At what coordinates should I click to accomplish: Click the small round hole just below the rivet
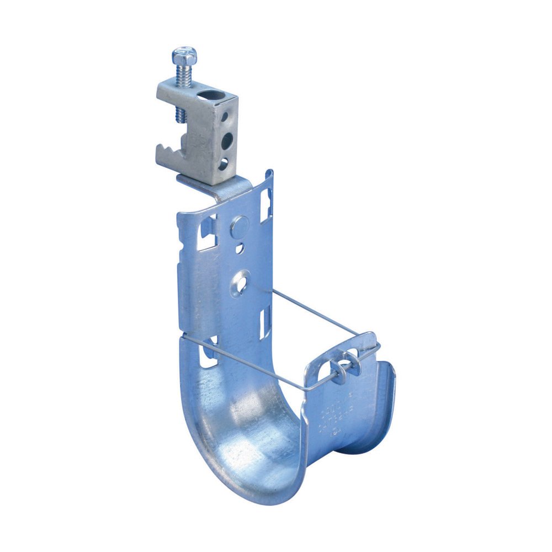(x=240, y=249)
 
